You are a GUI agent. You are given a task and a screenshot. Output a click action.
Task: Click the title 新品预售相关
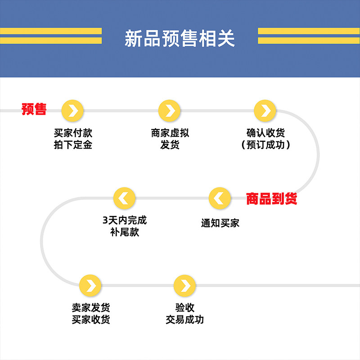180,39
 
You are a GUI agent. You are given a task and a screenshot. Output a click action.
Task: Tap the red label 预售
34,109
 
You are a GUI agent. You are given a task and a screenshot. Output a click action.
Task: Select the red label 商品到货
271,198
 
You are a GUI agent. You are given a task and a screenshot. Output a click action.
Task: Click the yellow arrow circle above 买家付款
73,110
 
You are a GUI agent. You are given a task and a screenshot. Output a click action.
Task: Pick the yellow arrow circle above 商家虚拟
170,110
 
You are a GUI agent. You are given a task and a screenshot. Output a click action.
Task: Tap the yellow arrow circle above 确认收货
265,110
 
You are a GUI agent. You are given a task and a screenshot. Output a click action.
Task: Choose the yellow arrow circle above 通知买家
220,198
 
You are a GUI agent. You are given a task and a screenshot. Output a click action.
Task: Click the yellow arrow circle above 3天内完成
124,198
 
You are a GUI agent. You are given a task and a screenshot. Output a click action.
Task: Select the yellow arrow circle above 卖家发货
90,285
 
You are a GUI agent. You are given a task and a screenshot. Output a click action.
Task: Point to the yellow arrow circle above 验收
185,285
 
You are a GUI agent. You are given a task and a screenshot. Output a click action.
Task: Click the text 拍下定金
73,145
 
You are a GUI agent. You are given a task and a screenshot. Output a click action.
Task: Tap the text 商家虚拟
170,133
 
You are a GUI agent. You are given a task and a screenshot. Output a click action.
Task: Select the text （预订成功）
265,145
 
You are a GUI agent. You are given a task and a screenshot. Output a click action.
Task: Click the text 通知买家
220,223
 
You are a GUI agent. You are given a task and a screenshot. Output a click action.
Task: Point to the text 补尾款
125,232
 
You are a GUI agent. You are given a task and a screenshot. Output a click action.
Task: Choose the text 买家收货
90,319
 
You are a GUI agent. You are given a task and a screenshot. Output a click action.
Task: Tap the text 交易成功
185,319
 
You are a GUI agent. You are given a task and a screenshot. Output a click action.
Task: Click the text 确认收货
265,133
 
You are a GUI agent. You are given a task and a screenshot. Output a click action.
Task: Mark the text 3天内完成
125,220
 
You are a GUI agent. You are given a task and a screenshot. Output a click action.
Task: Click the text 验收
185,308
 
